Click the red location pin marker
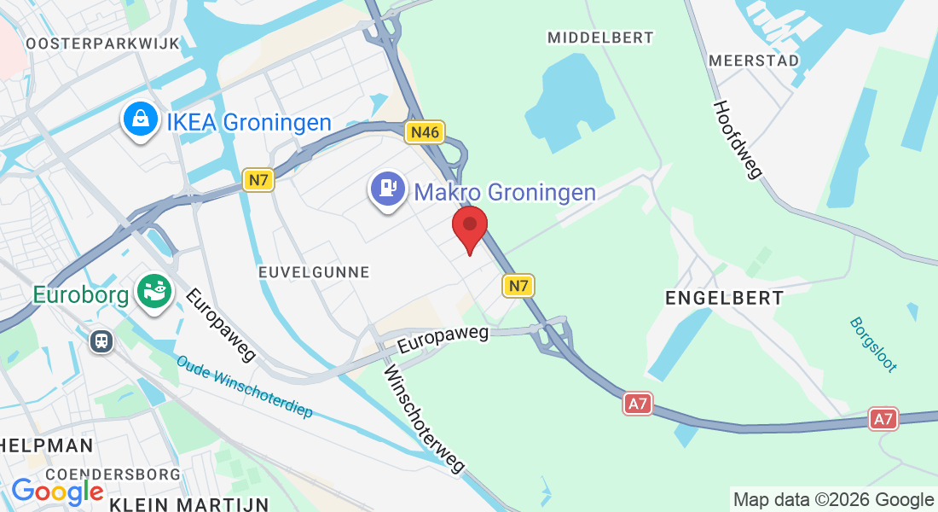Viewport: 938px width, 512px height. pyautogui.click(x=469, y=227)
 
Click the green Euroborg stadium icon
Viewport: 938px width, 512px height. pyautogui.click(x=154, y=294)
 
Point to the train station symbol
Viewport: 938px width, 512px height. pyautogui.click(x=101, y=341)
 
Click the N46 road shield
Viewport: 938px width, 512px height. pyautogui.click(x=425, y=132)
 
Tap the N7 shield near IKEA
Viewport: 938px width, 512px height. pyautogui.click(x=258, y=180)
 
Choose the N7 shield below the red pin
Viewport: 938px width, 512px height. pyautogui.click(x=518, y=285)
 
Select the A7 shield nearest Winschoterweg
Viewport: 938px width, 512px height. pyautogui.click(x=638, y=404)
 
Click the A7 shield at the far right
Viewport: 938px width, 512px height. pyautogui.click(x=883, y=419)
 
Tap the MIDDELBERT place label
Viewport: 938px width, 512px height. pyautogui.click(x=600, y=38)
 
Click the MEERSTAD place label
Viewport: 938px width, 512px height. pyautogui.click(x=753, y=61)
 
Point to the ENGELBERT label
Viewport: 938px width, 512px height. pyautogui.click(x=724, y=298)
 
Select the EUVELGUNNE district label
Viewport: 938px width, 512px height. pyautogui.click(x=314, y=272)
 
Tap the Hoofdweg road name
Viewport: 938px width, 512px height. pyautogui.click(x=737, y=140)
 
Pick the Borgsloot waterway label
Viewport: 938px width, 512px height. pyautogui.click(x=872, y=345)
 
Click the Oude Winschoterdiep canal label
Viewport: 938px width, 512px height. pyautogui.click(x=245, y=387)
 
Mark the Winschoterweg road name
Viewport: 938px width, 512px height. pyautogui.click(x=424, y=419)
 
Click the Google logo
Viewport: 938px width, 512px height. pyautogui.click(x=57, y=492)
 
